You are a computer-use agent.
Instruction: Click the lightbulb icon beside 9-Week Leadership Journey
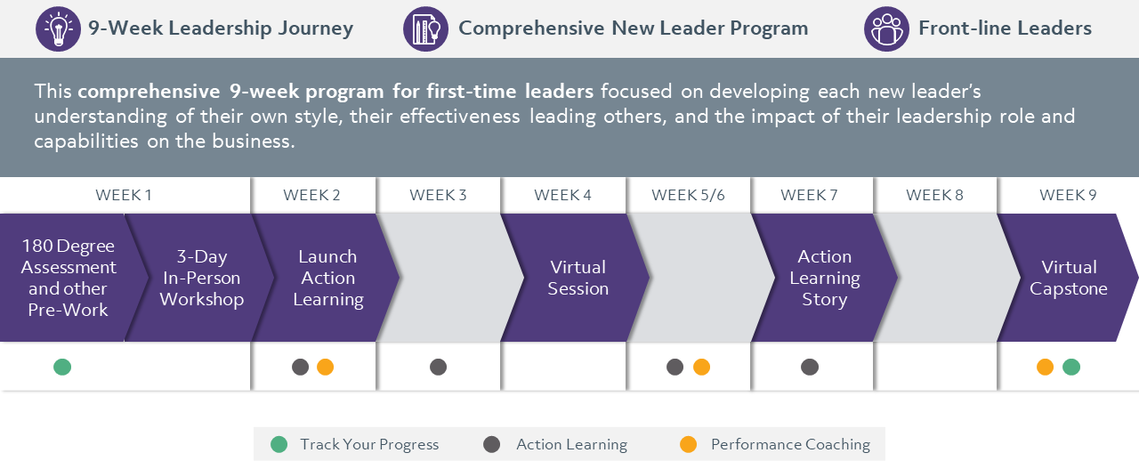pos(58,29)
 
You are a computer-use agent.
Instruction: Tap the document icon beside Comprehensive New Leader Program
pos(425,29)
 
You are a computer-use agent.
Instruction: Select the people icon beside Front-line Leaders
pos(886,29)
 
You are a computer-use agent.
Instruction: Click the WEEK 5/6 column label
pos(688,196)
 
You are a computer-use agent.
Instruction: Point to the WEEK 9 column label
pos(1068,196)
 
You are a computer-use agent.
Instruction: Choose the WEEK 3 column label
pos(438,196)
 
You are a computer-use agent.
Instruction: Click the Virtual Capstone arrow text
pos(1068,278)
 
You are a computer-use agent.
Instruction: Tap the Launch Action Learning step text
pos(327,278)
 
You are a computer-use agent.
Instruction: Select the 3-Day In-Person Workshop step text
pos(202,278)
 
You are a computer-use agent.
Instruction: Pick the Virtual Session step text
pos(578,278)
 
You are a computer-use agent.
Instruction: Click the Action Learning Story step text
pos(824,278)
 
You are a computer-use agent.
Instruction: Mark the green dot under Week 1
pos(62,367)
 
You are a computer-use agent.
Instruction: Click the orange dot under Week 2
pos(325,367)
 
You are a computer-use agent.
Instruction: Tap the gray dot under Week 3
pos(438,367)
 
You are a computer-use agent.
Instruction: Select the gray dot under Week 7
pos(809,367)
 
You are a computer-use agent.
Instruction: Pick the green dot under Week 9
pos(1071,367)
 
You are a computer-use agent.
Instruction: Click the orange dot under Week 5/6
pos(701,367)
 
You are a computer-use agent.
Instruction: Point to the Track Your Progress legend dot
pos(279,444)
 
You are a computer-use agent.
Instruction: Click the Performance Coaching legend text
pos(790,444)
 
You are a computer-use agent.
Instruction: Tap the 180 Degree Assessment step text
pos(69,278)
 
